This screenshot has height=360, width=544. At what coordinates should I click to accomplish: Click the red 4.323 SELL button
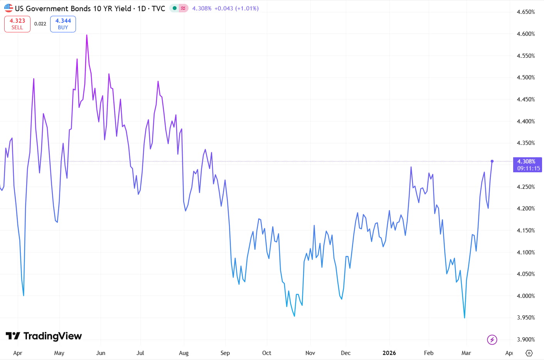[17, 24]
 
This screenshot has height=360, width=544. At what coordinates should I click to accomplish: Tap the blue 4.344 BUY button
[63, 24]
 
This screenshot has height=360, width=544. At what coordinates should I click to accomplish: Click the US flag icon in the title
[8, 8]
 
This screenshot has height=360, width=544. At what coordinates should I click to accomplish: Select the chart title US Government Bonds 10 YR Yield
[73, 8]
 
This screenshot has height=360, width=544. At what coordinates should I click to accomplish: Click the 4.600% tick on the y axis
[525, 34]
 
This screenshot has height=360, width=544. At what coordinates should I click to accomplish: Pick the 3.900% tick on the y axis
[525, 340]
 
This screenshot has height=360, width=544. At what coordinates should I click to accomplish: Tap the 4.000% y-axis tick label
[525, 296]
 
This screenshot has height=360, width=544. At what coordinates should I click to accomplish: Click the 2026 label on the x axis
[389, 353]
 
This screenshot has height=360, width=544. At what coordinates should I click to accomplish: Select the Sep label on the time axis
[225, 353]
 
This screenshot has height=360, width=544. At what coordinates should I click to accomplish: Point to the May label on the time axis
[59, 353]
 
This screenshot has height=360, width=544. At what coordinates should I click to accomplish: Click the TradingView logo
[44, 336]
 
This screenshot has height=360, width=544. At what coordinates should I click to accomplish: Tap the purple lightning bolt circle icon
[492, 340]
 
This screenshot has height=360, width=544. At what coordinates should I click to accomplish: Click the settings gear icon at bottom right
[529, 353]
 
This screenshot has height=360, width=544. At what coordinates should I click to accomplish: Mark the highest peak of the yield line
[87, 35]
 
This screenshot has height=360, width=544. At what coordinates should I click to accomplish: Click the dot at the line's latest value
[492, 161]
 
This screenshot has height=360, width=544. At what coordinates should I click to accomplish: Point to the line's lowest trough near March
[465, 318]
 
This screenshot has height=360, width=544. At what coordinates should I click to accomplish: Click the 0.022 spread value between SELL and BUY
[40, 24]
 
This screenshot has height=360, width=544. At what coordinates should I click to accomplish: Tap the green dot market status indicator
[175, 8]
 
